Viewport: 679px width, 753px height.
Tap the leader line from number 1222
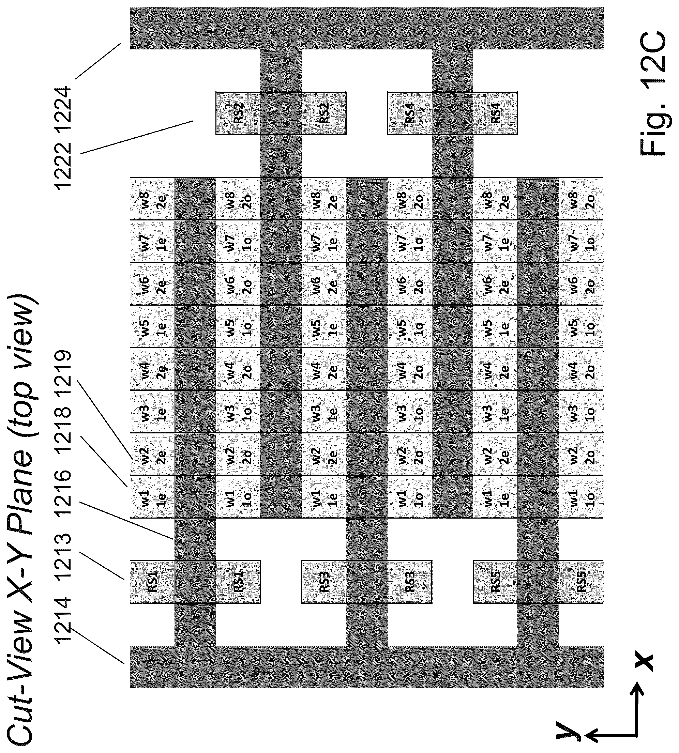[x=137, y=137]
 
